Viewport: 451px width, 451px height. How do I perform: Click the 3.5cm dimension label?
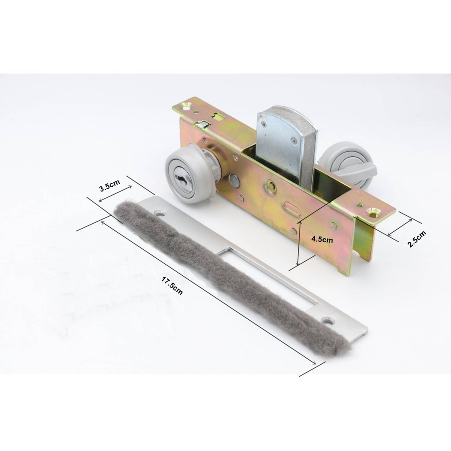[110, 185]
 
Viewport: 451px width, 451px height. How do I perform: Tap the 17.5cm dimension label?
[172, 285]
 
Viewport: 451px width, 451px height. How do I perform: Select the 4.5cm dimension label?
[322, 239]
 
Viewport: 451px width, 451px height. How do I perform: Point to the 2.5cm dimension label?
[417, 239]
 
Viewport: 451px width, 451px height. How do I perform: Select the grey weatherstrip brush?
[230, 276]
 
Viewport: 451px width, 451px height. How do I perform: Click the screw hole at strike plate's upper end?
[160, 214]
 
